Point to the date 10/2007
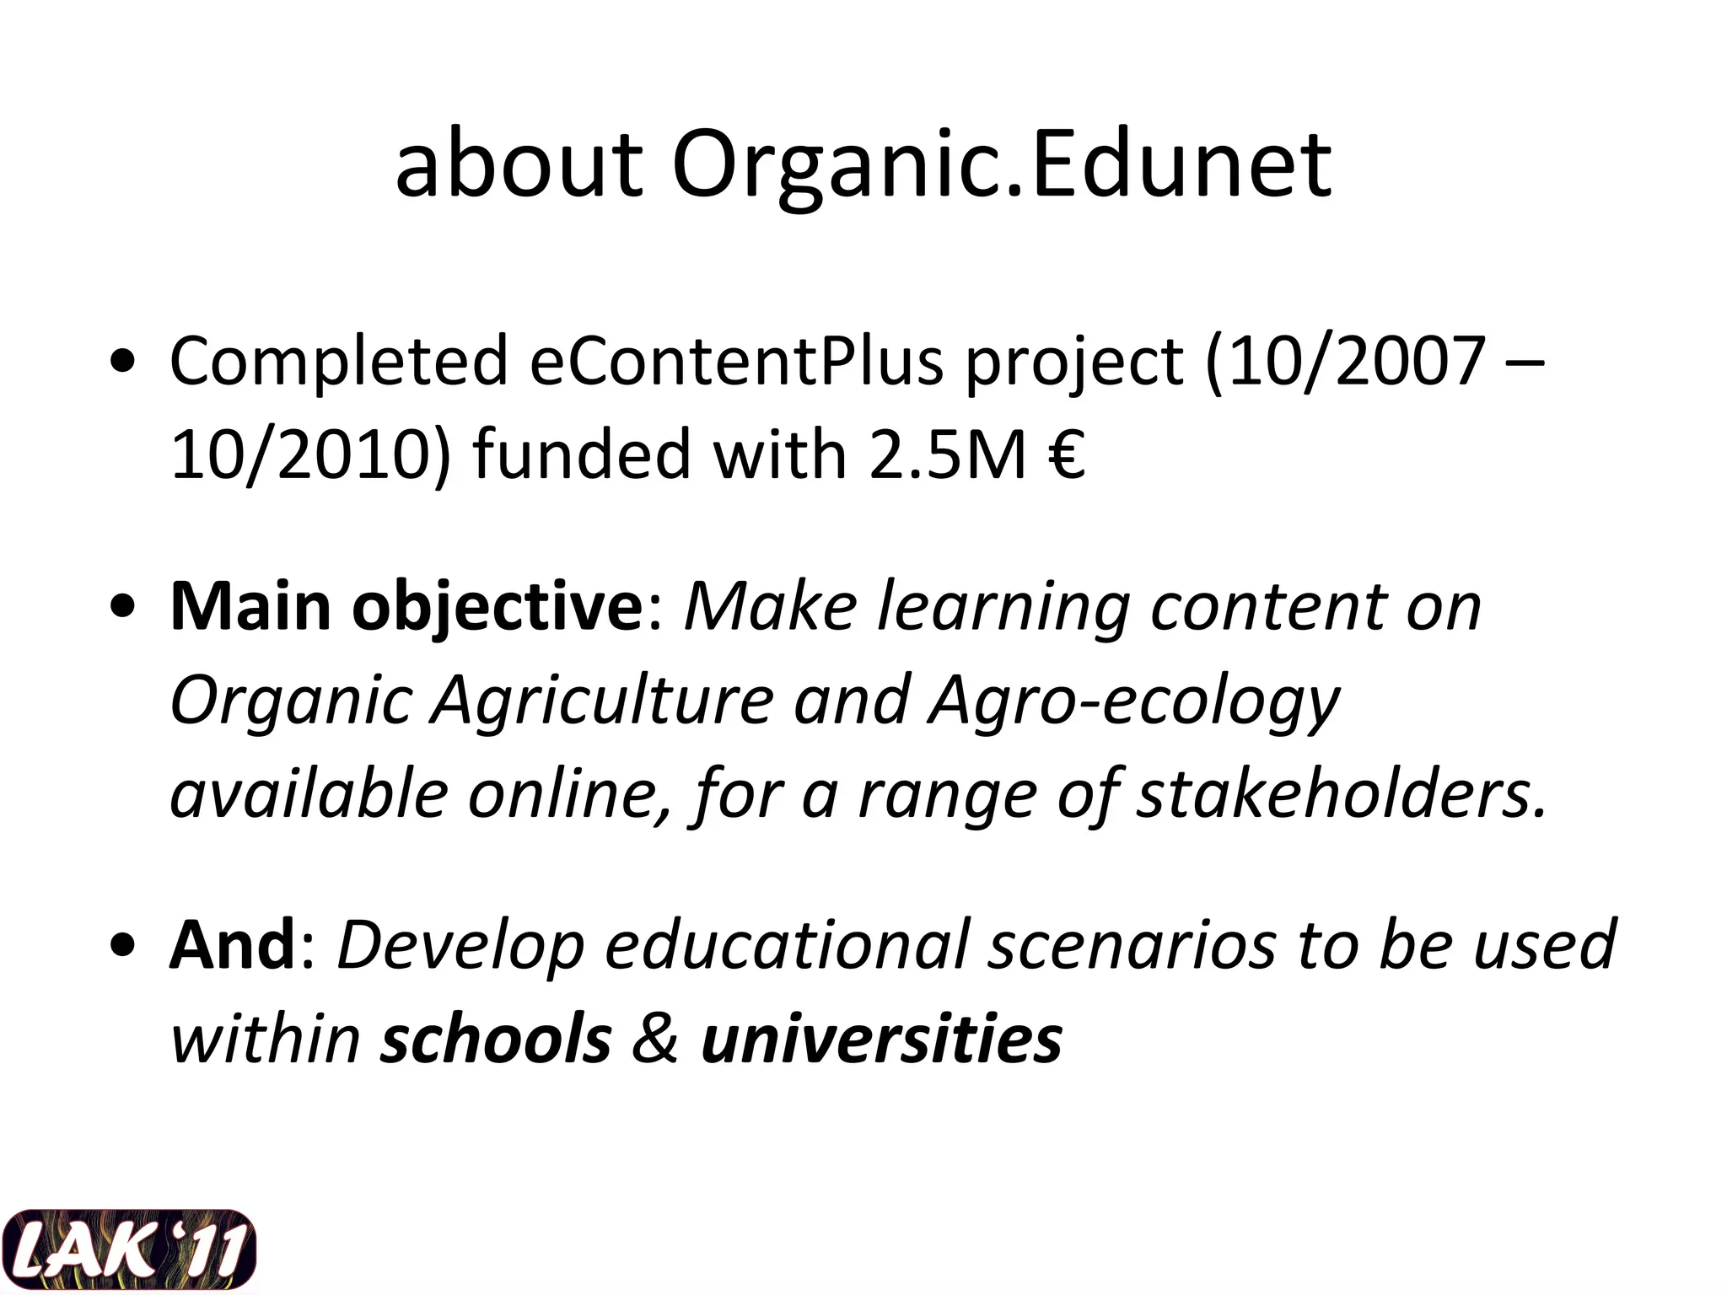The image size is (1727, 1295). tap(1346, 361)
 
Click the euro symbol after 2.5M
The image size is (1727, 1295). tap(1068, 455)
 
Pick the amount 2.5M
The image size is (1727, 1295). tap(948, 455)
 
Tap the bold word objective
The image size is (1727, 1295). tap(498, 607)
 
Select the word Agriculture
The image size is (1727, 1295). tap(602, 700)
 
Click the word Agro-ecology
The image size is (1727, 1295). tap(1133, 700)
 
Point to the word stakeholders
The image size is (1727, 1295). tap(1341, 794)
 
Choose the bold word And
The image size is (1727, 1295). tap(232, 945)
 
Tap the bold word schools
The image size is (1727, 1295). tap(496, 1039)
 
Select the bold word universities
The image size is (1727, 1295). tap(881, 1039)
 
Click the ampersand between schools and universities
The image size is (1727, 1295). tap(655, 1039)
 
